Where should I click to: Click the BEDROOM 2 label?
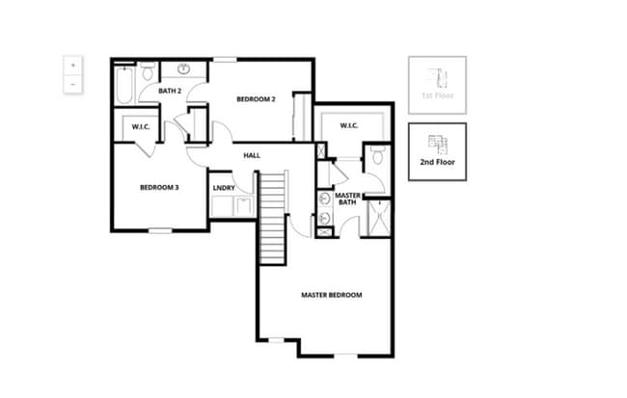257,99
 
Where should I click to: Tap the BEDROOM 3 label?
159,187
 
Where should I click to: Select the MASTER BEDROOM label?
331,295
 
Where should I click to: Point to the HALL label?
252,155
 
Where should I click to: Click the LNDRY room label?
224,187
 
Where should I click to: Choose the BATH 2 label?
171,91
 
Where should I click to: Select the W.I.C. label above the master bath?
349,125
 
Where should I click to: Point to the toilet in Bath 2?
148,73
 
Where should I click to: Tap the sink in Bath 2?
182,69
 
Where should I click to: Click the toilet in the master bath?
377,155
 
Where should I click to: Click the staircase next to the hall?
273,216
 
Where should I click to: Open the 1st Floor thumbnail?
436,83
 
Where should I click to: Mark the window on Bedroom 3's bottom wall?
159,229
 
